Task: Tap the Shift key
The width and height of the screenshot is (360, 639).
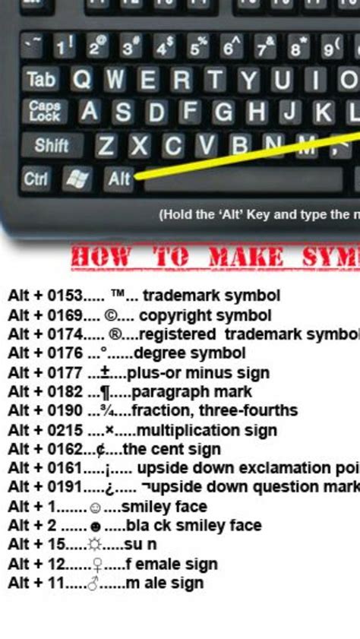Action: [52, 144]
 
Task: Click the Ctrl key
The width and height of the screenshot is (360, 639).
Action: [36, 179]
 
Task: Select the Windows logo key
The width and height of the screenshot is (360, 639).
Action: [77, 179]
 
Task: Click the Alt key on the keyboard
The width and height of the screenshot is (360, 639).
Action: [119, 179]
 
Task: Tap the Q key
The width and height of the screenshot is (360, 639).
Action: [81, 79]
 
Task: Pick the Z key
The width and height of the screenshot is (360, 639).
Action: [106, 145]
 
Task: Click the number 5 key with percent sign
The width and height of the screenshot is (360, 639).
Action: [199, 48]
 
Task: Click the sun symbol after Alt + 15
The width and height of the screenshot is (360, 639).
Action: [94, 545]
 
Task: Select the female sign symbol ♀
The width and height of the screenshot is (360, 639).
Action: [96, 565]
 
